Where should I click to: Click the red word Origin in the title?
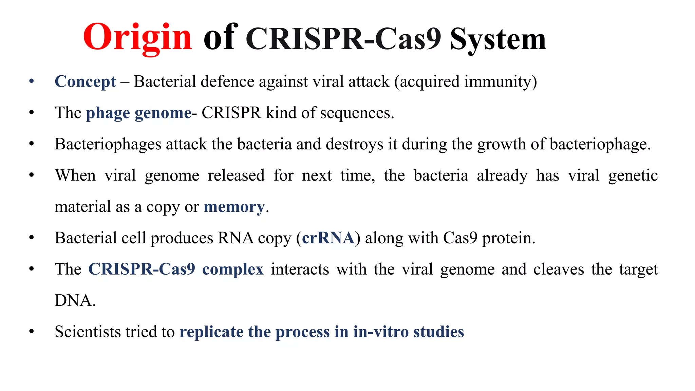(137, 37)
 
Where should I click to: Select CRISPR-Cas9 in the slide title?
(343, 39)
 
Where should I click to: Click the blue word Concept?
(85, 82)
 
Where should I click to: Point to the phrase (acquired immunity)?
(465, 82)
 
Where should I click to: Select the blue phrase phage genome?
(138, 113)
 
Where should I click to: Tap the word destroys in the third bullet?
(354, 144)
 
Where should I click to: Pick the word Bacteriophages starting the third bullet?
(108, 144)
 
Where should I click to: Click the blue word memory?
(234, 207)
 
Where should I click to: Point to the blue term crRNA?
(328, 238)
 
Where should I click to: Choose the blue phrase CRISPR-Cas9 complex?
(176, 269)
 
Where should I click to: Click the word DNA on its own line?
(75, 301)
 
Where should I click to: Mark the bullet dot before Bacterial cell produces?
(32, 238)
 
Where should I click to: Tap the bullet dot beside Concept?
(32, 81)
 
